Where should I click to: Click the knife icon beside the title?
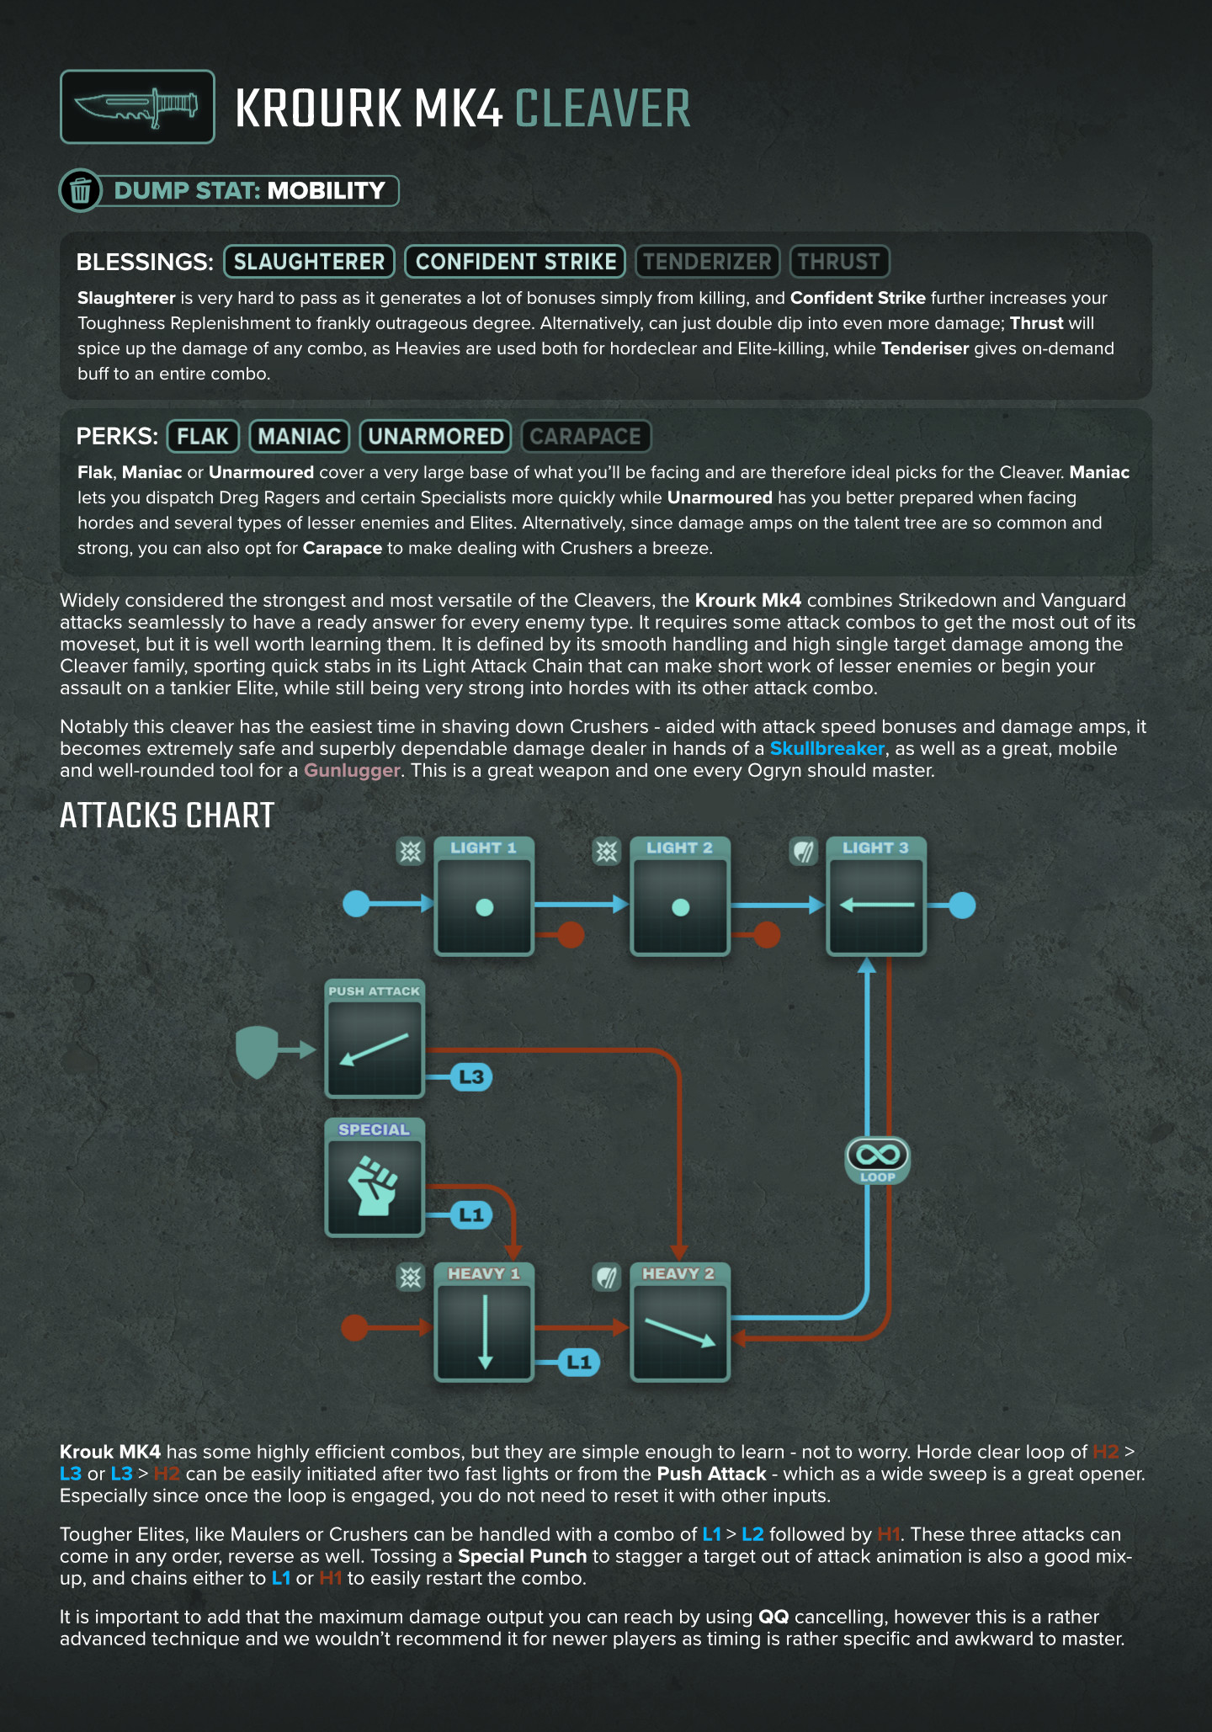click(137, 107)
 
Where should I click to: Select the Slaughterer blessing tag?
click(309, 262)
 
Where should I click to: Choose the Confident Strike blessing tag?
click(515, 262)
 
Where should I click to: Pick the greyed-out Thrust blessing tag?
click(839, 262)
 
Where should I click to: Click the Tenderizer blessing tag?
click(707, 262)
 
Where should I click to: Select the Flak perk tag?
click(203, 436)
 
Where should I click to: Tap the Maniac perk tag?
click(300, 436)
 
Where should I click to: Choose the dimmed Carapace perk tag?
click(586, 436)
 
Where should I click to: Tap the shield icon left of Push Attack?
click(258, 1050)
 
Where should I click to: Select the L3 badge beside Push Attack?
click(471, 1076)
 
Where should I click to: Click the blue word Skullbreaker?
click(827, 748)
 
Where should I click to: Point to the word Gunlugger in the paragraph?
click(352, 770)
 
